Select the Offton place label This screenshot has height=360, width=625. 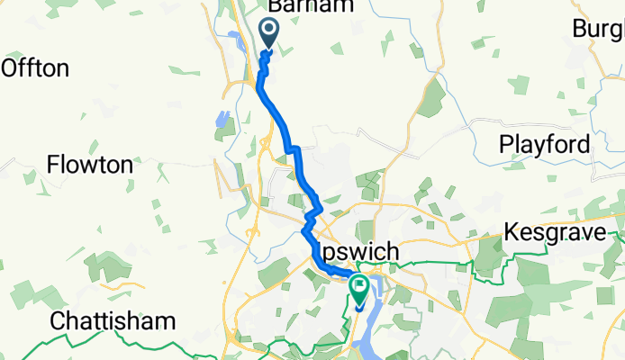[x=36, y=67]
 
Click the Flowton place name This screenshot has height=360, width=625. [x=90, y=165]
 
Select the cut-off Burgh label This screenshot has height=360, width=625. [x=599, y=29]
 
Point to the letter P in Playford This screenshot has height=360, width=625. [x=505, y=144]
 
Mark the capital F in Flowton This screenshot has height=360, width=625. [x=52, y=165]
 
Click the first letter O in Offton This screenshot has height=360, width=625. [x=11, y=67]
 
